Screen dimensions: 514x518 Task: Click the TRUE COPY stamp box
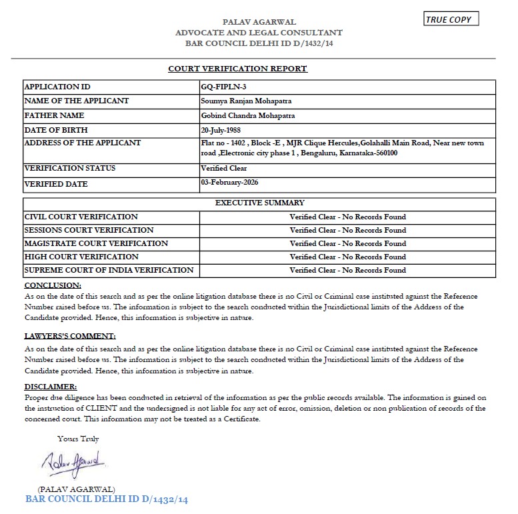pyautogui.click(x=451, y=19)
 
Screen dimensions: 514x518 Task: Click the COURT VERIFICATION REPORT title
pyautogui.click(x=237, y=69)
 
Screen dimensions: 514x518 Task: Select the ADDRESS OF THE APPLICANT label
pyautogui.click(x=82, y=143)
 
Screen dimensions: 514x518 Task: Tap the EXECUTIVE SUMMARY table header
pyautogui.click(x=259, y=203)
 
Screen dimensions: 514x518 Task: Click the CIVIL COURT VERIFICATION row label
pyautogui.click(x=81, y=217)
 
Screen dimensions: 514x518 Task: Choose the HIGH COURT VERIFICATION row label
pyautogui.click(x=81, y=257)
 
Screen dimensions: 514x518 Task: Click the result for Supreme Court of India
pyautogui.click(x=347, y=270)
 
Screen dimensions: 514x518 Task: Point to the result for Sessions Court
pyautogui.click(x=347, y=230)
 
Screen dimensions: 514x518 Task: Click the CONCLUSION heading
pyautogui.click(x=53, y=285)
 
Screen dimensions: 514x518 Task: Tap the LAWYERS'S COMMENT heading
pyautogui.click(x=70, y=336)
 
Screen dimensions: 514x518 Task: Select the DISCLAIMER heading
pyautogui.click(x=51, y=387)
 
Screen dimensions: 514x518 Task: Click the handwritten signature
pyautogui.click(x=71, y=461)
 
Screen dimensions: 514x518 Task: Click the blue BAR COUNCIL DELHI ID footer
pyautogui.click(x=107, y=499)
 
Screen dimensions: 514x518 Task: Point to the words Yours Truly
pyautogui.click(x=78, y=439)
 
